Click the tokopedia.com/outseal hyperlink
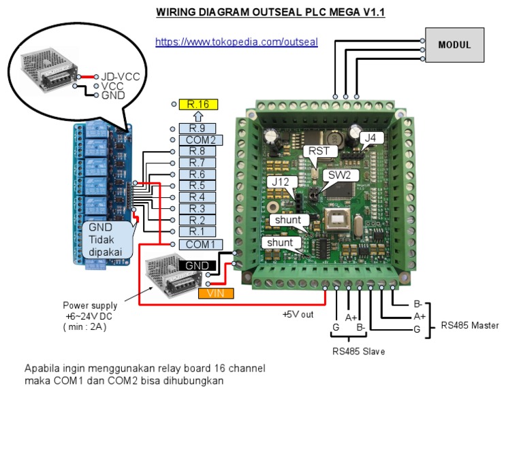236,41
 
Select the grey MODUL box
454,45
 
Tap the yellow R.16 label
198,104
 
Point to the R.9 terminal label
196,128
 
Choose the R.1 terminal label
196,232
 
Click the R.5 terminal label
196,186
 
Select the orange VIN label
216,293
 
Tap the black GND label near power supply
196,265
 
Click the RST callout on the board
319,150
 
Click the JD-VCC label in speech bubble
121,77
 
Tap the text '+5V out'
298,314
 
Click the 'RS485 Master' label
470,325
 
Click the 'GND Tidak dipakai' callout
106,239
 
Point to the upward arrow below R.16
197,116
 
